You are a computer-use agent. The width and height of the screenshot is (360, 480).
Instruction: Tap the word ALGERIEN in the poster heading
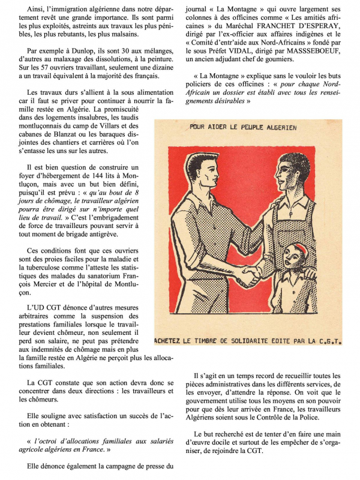pos(277,128)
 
